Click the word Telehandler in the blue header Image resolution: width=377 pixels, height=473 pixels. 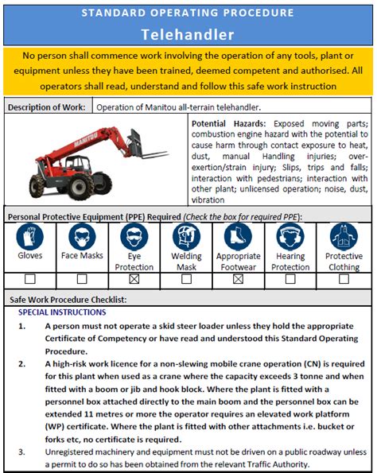188,34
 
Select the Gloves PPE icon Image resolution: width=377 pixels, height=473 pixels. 30,236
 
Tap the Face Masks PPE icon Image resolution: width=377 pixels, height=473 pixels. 82,236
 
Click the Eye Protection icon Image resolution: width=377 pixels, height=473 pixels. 134,236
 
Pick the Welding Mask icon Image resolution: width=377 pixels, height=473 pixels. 186,236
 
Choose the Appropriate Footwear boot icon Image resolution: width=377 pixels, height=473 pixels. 238,236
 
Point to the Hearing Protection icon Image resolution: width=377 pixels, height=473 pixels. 290,236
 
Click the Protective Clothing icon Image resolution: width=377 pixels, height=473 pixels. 344,236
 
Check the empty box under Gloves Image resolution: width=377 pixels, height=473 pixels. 30,280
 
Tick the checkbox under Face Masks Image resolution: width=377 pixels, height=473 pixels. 82,280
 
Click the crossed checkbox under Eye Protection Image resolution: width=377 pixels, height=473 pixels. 134,280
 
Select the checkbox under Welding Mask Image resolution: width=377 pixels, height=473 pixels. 186,280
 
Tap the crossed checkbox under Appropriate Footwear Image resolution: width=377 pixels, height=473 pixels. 238,280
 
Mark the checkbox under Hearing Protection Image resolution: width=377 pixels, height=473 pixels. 290,280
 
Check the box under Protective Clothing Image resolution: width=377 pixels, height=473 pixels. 344,280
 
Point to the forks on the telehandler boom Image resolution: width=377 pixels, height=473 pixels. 155,156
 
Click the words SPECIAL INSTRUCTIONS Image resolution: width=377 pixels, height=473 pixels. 62,312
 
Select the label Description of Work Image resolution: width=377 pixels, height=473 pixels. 49,107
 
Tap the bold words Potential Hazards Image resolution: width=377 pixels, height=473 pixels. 229,125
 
